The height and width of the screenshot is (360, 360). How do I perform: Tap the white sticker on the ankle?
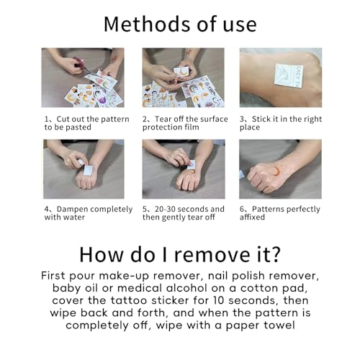(289, 75)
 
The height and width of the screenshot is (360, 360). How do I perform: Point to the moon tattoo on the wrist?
(277, 171)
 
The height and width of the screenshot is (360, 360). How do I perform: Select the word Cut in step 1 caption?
(63, 119)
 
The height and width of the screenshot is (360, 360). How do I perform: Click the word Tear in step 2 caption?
(163, 119)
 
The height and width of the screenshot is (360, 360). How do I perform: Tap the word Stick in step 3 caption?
(261, 119)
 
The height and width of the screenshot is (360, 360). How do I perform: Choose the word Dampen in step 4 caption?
(72, 210)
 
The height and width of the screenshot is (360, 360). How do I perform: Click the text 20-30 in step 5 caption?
(165, 209)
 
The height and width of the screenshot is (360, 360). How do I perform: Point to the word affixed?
(252, 217)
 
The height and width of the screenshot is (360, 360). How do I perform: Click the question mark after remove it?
(276, 254)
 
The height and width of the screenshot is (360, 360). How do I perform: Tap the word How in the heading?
(102, 254)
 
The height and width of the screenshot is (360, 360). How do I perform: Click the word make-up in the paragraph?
(124, 276)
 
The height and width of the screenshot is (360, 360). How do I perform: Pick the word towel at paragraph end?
(279, 325)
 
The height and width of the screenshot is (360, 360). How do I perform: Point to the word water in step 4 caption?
(74, 217)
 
